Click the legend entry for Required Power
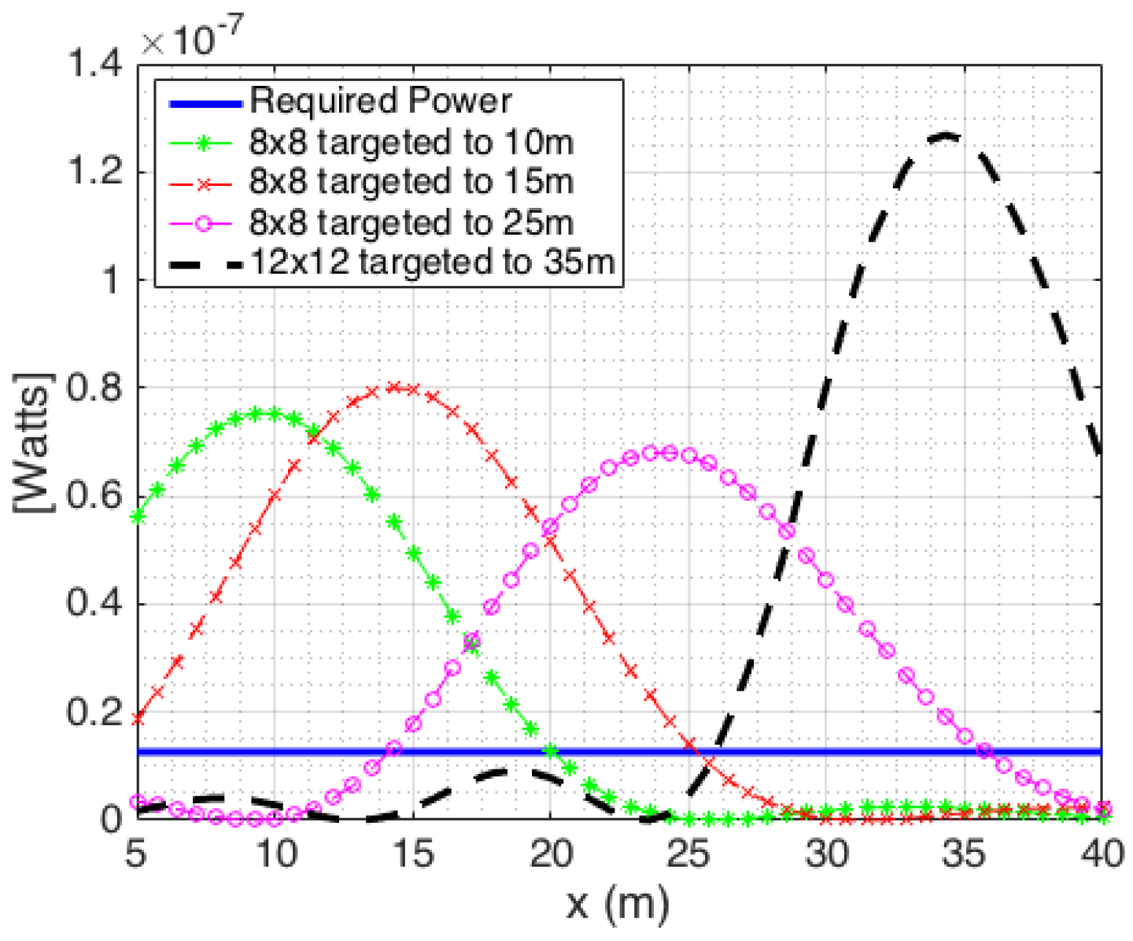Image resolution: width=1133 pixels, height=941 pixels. [x=380, y=102]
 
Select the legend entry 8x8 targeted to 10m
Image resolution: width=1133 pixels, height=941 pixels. [x=411, y=143]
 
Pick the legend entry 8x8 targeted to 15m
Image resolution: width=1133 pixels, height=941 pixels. [x=411, y=182]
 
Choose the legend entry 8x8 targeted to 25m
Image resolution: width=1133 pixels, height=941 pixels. [x=411, y=223]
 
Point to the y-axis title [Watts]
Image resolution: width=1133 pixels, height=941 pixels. [x=33, y=443]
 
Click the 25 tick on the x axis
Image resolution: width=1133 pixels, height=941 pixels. [x=688, y=854]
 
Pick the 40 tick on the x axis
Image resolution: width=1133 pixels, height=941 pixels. [x=1101, y=854]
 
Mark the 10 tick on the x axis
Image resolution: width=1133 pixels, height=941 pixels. [x=275, y=854]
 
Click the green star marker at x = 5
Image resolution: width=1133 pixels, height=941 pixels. [x=138, y=517]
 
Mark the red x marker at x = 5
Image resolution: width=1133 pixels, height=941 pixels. [x=138, y=718]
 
